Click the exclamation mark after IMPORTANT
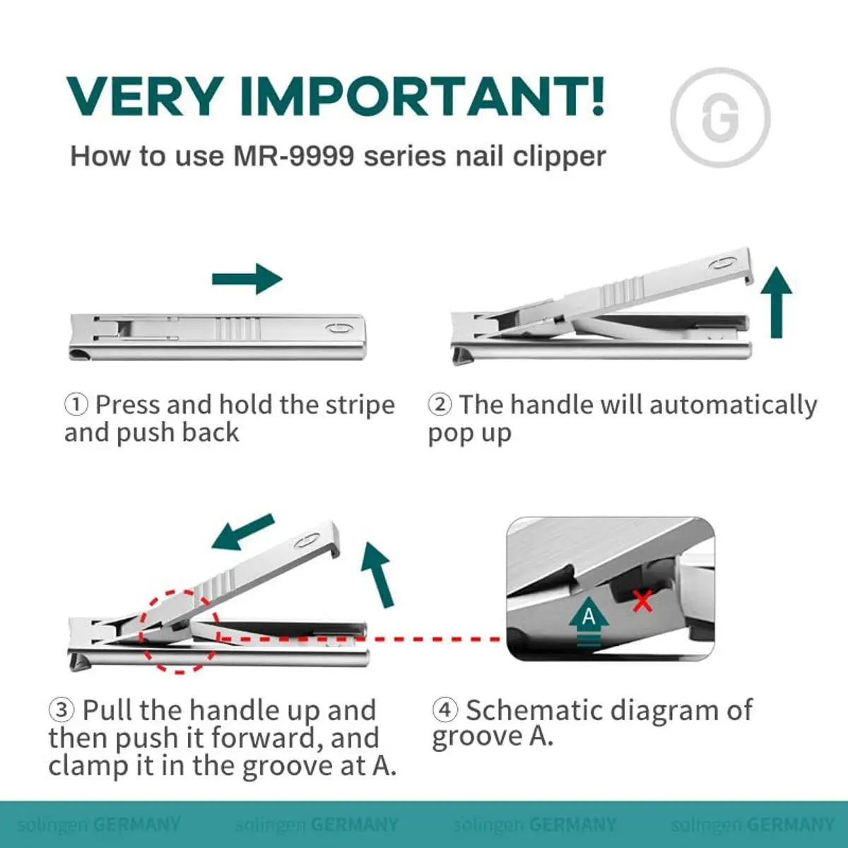pyautogui.click(x=597, y=95)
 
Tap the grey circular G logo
pyautogui.click(x=720, y=117)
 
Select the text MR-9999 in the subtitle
pyautogui.click(x=293, y=155)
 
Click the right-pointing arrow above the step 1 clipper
pyautogui.click(x=247, y=278)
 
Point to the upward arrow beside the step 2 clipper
pyautogui.click(x=777, y=302)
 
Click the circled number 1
pyautogui.click(x=76, y=404)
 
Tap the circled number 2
pyautogui.click(x=440, y=404)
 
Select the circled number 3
pyautogui.click(x=61, y=709)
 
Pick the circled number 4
pyautogui.click(x=445, y=709)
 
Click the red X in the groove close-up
pyautogui.click(x=642, y=601)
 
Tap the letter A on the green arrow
pyautogui.click(x=589, y=616)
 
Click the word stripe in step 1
pyautogui.click(x=360, y=406)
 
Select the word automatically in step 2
pyautogui.click(x=733, y=406)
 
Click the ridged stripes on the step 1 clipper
pyautogui.click(x=236, y=329)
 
